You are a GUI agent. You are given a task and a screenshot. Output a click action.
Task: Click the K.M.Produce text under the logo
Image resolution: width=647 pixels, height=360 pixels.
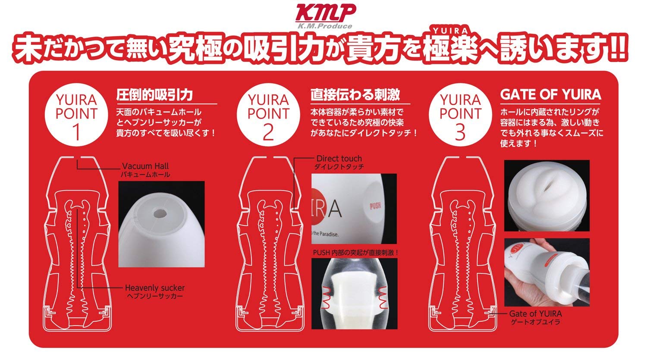coord(325,26)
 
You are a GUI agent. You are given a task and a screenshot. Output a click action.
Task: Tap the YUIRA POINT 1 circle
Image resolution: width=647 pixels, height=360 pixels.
coord(76,115)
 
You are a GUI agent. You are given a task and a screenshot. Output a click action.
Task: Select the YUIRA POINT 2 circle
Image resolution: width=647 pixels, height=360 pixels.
coord(268,115)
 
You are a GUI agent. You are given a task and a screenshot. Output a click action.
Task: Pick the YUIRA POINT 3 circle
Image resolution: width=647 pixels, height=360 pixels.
coord(460,115)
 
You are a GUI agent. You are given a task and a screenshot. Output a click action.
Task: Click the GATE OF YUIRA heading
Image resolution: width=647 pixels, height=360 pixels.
coord(550,95)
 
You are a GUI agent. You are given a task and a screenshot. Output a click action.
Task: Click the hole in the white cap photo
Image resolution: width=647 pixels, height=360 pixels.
coord(159,214)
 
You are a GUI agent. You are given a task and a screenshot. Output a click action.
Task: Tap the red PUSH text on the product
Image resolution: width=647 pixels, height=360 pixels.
coord(375,206)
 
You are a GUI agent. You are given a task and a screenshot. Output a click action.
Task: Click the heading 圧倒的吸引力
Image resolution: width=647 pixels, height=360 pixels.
coord(154,95)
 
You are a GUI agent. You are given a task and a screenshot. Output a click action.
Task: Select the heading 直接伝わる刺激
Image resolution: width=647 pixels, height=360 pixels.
coord(355,95)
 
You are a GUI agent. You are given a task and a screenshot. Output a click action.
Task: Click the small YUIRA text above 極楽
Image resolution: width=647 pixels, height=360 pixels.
coord(451,31)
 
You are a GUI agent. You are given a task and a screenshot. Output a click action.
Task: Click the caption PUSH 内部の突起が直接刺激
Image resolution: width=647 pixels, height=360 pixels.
coord(355,253)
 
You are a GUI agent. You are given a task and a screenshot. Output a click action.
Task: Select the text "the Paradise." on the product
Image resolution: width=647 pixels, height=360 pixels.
coord(325,234)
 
